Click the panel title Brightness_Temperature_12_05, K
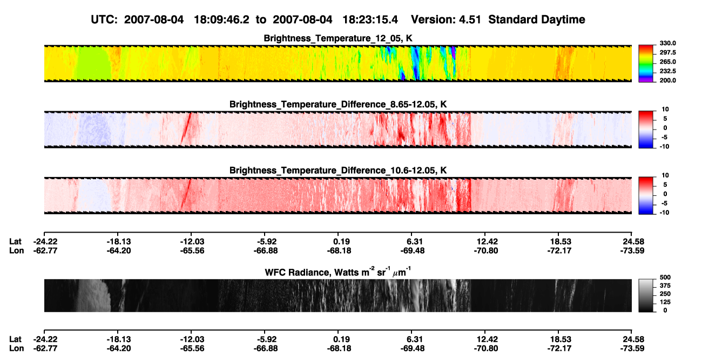tap(338, 38)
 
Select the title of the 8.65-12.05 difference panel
tap(338, 104)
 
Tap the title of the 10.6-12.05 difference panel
tap(338, 171)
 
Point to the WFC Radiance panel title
tap(338, 272)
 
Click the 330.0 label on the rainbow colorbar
tap(667, 43)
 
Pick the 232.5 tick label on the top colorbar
tap(667, 71)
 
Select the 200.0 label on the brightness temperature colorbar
tap(667, 80)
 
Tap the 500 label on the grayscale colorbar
tap(665, 277)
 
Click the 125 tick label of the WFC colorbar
tap(665, 302)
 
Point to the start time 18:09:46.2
tap(221, 20)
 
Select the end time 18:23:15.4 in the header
tap(370, 20)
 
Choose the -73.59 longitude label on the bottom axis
tap(632, 349)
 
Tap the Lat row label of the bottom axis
tap(15, 339)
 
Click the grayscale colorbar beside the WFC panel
tap(646, 295)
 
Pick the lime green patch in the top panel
tap(94, 64)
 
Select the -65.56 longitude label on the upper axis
tap(192, 251)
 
